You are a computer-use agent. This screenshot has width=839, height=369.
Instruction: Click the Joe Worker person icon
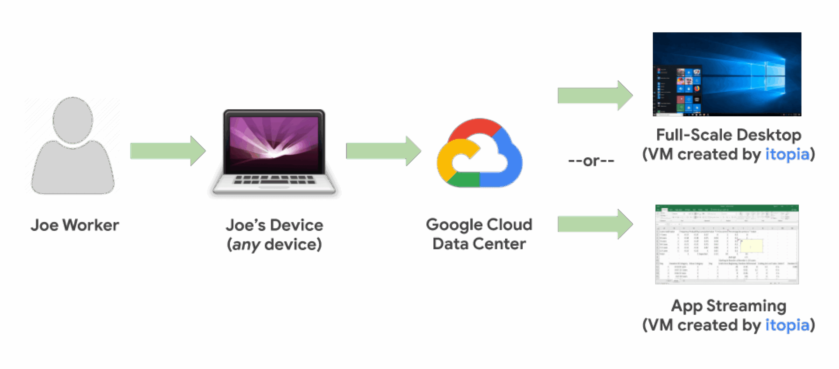coord(73,146)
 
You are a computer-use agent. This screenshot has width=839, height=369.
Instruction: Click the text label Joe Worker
coord(75,225)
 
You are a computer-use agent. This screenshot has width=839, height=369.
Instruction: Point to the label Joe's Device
coord(274,225)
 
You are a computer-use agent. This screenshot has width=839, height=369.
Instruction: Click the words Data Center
coord(479,244)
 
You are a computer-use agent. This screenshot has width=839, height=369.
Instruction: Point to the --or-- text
coord(591,161)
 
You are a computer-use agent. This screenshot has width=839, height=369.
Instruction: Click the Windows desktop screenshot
coord(727,74)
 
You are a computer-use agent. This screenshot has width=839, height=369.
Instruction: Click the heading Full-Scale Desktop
coord(728,135)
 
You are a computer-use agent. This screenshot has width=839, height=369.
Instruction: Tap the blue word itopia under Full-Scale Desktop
coord(787,154)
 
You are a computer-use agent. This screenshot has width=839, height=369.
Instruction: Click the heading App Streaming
coord(728,306)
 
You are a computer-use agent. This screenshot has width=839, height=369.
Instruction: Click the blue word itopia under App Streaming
coord(787,325)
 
